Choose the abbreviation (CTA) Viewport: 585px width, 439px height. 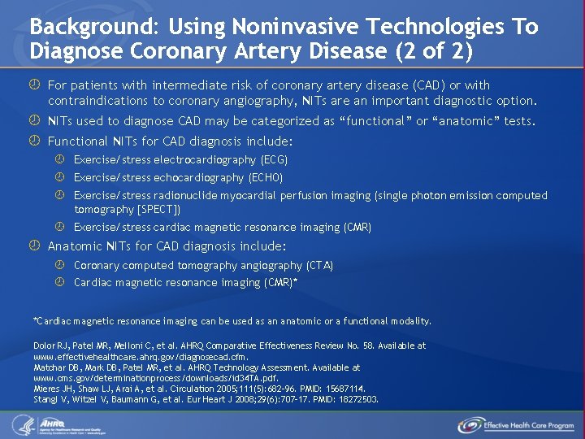pyautogui.click(x=319, y=265)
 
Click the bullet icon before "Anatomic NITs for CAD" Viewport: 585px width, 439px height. pyautogui.click(x=35, y=246)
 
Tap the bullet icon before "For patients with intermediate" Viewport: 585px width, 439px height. pyautogui.click(x=35, y=85)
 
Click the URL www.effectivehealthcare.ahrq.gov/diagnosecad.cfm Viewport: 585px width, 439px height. pyautogui.click(x=141, y=356)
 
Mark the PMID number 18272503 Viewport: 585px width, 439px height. pyautogui.click(x=357, y=399)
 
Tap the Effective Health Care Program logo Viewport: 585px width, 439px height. pyautogui.click(x=516, y=424)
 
